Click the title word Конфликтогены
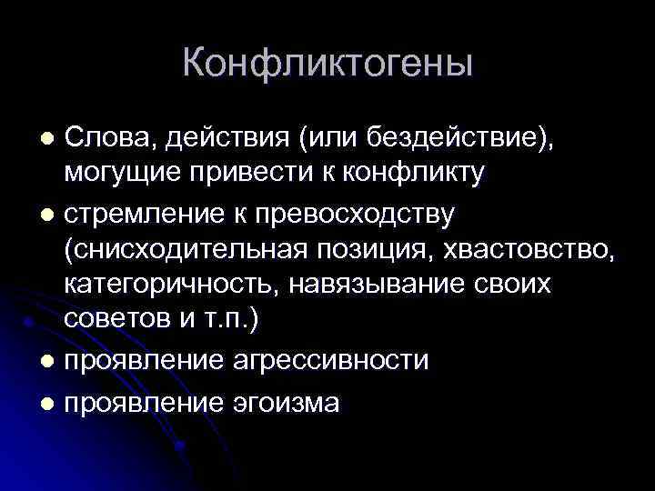pyautogui.click(x=327, y=65)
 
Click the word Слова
pyautogui.click(x=103, y=138)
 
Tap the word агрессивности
pyautogui.click(x=330, y=359)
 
